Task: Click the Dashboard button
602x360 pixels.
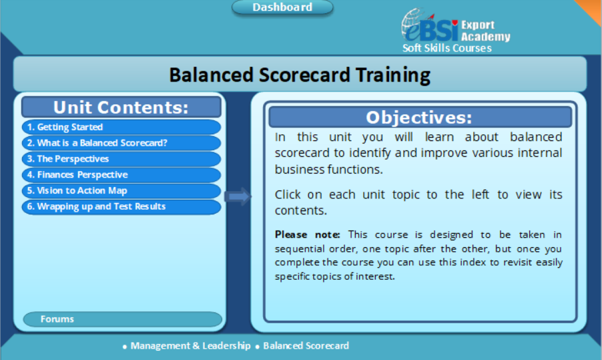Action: pos(282,7)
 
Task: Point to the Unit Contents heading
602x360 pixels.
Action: pos(121,108)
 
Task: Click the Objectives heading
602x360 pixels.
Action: pos(419,118)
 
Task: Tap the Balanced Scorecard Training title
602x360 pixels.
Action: pos(300,74)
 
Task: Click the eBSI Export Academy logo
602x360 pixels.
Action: pos(455,27)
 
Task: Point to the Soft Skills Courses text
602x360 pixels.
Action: pos(446,48)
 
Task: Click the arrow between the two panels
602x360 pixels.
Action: pos(238,196)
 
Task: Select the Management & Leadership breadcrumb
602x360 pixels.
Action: pos(190,346)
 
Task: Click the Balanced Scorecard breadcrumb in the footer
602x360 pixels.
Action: pos(306,346)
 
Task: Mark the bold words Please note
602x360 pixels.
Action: pos(307,234)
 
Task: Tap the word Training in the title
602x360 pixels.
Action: pos(387,74)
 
